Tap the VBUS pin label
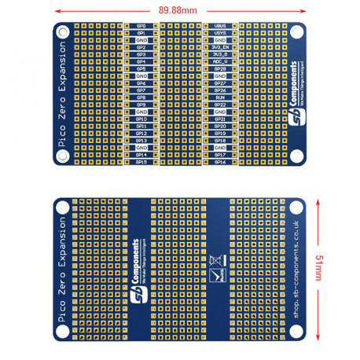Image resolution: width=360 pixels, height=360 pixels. [x=220, y=26]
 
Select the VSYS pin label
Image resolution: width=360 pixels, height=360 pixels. [x=220, y=33]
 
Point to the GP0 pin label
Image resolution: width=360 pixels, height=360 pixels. [x=141, y=26]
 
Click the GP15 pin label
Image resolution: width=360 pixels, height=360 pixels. [x=141, y=162]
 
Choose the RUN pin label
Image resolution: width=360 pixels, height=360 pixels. [x=220, y=97]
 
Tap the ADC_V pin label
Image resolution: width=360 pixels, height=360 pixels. [x=220, y=61]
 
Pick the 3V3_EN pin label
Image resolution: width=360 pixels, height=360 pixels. [x=220, y=47]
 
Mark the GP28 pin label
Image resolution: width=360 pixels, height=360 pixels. [x=220, y=69]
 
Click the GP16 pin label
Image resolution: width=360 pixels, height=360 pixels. [x=220, y=162]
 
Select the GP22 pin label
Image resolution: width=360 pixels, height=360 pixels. [x=220, y=105]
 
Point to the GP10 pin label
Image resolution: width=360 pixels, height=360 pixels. [x=141, y=119]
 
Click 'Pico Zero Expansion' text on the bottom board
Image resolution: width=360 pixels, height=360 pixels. [x=62, y=267]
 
